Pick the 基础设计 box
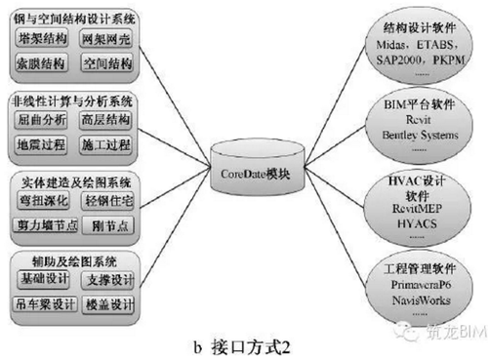click(45, 280)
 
